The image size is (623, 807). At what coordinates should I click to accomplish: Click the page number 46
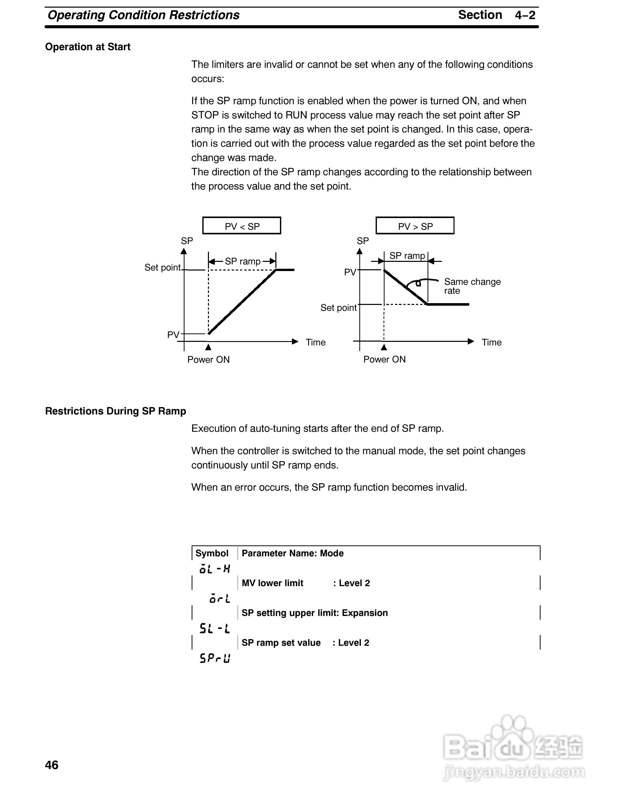pos(52,764)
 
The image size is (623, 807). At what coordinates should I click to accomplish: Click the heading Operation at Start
pos(88,47)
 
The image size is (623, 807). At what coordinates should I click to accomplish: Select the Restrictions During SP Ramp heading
pos(116,411)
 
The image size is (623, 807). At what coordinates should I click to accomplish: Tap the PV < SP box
pos(242,226)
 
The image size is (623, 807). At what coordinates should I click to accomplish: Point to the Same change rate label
pos(472,286)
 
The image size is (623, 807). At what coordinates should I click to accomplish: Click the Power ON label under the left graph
pos(208,359)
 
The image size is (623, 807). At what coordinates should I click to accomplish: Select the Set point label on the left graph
pos(162,267)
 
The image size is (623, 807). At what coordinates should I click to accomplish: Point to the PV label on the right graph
pos(350,272)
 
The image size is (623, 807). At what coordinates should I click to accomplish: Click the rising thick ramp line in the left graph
pos(242,302)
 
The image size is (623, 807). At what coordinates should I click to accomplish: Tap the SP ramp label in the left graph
pos(243,261)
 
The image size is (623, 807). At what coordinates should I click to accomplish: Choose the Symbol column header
pos(212,553)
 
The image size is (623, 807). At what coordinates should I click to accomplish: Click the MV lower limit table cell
pos(272,583)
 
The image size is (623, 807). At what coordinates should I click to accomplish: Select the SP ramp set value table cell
pos(281,643)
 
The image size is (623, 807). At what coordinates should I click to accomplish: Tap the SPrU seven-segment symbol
pos(215,658)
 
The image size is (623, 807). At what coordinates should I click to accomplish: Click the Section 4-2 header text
pos(497,15)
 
